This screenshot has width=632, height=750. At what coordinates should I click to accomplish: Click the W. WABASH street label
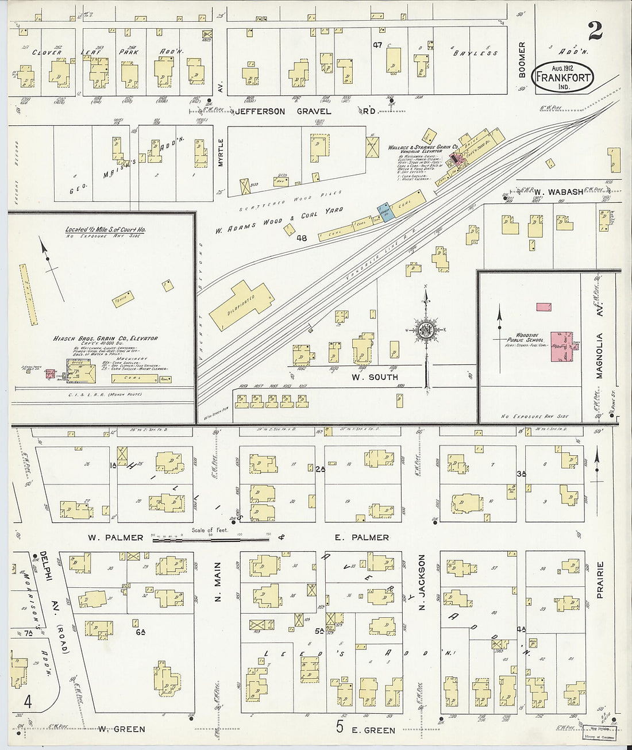click(558, 192)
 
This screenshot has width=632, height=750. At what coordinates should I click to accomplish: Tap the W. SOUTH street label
click(375, 377)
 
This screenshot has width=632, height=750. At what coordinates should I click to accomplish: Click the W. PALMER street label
click(115, 538)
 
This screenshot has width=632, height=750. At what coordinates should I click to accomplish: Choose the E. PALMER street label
click(362, 538)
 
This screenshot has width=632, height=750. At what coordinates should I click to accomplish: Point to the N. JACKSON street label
click(422, 582)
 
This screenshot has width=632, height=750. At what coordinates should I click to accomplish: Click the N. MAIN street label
click(218, 582)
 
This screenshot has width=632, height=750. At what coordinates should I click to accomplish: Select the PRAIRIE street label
click(600, 580)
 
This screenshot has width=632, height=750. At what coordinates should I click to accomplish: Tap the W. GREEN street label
click(121, 729)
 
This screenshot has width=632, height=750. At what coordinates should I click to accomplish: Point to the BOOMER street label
click(522, 59)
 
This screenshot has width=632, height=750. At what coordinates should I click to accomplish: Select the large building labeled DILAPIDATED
click(241, 305)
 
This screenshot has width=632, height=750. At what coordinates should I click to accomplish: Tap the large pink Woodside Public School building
click(558, 346)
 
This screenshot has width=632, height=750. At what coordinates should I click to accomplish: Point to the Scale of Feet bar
click(211, 538)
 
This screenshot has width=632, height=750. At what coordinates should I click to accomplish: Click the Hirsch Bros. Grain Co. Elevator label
click(105, 339)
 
